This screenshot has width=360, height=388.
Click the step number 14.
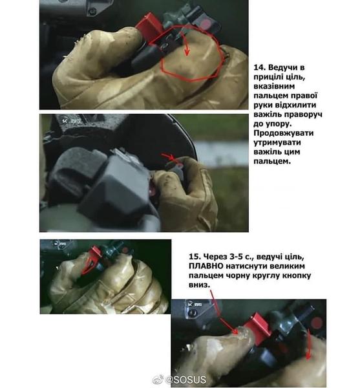(x=259, y=67)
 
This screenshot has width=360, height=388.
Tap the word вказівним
(x=274, y=87)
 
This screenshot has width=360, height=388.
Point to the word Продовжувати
(x=284, y=133)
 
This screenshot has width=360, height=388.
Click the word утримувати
(x=277, y=143)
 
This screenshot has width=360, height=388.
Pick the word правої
(x=306, y=96)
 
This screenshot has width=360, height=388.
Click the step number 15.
(x=195, y=257)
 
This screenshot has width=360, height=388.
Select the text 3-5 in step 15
(x=233, y=257)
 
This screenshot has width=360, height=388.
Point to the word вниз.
(x=199, y=285)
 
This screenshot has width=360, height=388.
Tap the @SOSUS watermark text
(x=185, y=380)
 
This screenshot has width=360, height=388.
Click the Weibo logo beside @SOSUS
(x=158, y=380)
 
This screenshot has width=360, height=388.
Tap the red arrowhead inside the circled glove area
(x=187, y=52)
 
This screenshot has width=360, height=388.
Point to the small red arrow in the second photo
(x=171, y=158)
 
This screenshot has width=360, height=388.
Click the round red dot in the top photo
(x=206, y=24)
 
